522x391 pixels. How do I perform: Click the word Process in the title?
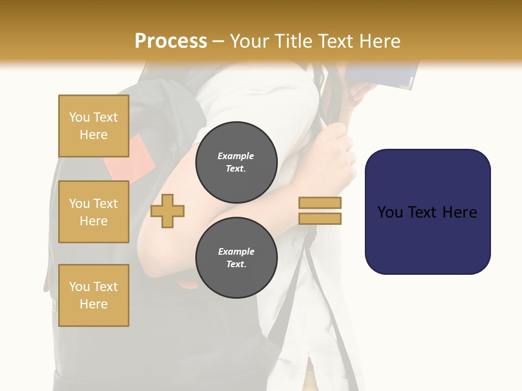171,41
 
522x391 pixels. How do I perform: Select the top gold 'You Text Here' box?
94,126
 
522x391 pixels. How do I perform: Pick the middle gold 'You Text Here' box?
94,212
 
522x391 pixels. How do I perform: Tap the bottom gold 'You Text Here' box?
94,295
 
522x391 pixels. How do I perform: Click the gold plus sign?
167,210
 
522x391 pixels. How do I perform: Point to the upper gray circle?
236,162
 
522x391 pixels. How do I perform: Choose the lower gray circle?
236,257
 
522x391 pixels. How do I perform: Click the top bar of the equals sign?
320,203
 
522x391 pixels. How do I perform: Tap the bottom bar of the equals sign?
320,218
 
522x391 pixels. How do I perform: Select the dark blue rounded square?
427,211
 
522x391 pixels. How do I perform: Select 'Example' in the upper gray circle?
236,156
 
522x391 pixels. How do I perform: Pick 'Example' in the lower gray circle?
236,251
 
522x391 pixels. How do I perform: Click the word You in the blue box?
391,212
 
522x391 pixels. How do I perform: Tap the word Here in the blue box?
460,212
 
